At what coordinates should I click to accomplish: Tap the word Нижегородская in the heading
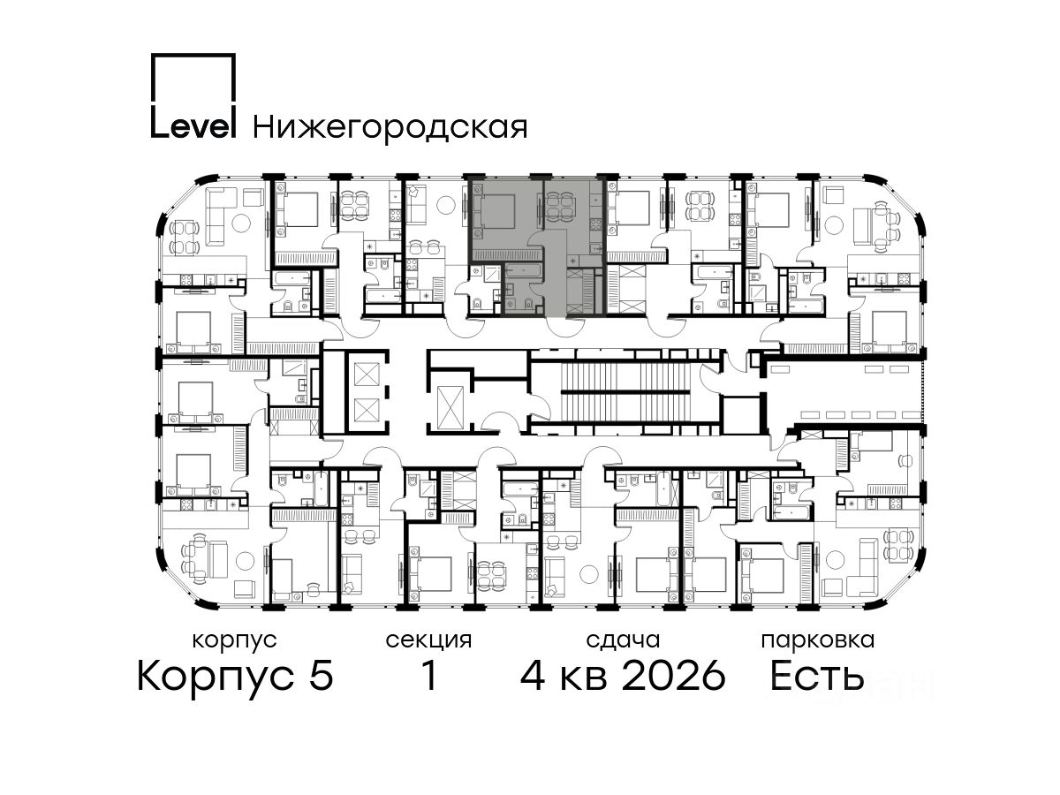pyautogui.click(x=390, y=128)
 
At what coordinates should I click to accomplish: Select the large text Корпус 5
pyautogui.click(x=236, y=677)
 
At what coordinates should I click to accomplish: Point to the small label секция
pyautogui.click(x=428, y=640)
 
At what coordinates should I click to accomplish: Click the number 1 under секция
pyautogui.click(x=429, y=676)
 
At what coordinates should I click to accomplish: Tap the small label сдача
pyautogui.click(x=623, y=640)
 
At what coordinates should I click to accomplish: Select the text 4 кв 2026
pyautogui.click(x=623, y=676)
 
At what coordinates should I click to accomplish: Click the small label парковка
pyautogui.click(x=818, y=641)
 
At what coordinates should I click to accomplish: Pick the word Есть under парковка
pyautogui.click(x=816, y=676)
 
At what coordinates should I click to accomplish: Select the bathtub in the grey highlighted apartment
pyautogui.click(x=524, y=270)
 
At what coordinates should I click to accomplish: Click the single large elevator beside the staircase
pyautogui.click(x=450, y=407)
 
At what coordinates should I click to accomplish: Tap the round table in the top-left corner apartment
pyautogui.click(x=240, y=222)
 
